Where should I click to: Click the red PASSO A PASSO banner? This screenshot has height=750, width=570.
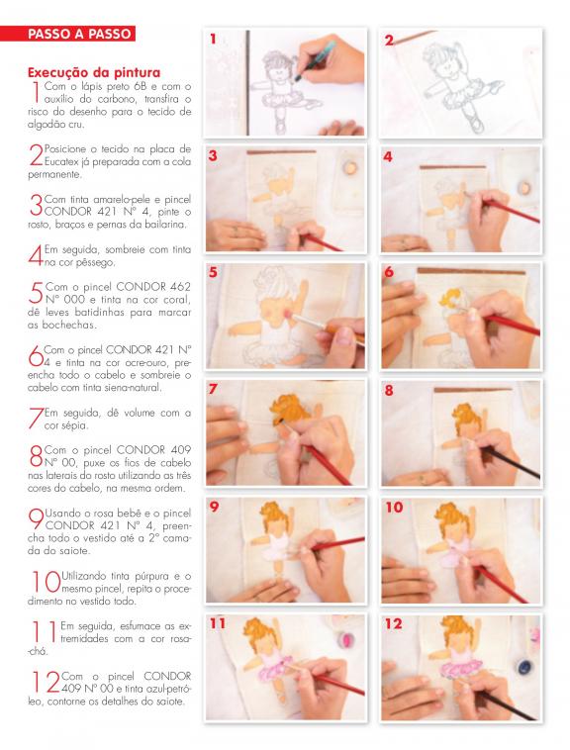[67, 34]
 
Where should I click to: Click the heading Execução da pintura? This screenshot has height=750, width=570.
[94, 72]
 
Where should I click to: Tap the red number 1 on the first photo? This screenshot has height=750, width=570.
[213, 40]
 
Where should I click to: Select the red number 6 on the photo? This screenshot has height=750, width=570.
[389, 272]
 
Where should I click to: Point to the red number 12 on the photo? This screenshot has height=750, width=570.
[394, 623]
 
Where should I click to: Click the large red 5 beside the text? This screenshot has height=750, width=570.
[36, 293]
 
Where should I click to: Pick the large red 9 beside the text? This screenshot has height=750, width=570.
[36, 519]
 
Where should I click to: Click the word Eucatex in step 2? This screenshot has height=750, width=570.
[61, 161]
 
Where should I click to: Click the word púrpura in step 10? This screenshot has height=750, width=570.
[151, 577]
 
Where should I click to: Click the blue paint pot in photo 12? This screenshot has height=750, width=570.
[525, 667]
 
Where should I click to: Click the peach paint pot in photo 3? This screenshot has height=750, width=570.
[350, 168]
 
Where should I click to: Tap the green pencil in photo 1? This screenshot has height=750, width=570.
[315, 59]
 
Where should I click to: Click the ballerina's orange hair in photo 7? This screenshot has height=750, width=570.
[290, 409]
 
